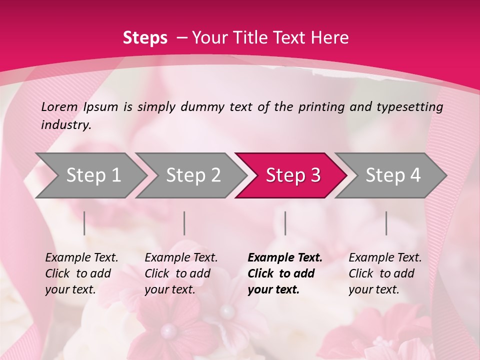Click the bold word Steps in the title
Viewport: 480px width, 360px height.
145,38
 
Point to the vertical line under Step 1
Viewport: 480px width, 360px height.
84,223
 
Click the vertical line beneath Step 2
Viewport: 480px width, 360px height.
184,223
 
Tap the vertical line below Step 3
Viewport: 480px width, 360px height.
285,223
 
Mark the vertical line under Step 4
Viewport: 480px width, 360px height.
386,223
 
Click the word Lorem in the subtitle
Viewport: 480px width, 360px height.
59,107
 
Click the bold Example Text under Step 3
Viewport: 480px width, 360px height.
285,258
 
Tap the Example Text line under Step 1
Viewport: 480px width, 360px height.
81,258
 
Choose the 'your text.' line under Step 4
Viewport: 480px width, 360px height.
373,289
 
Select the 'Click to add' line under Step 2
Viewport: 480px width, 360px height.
177,274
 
